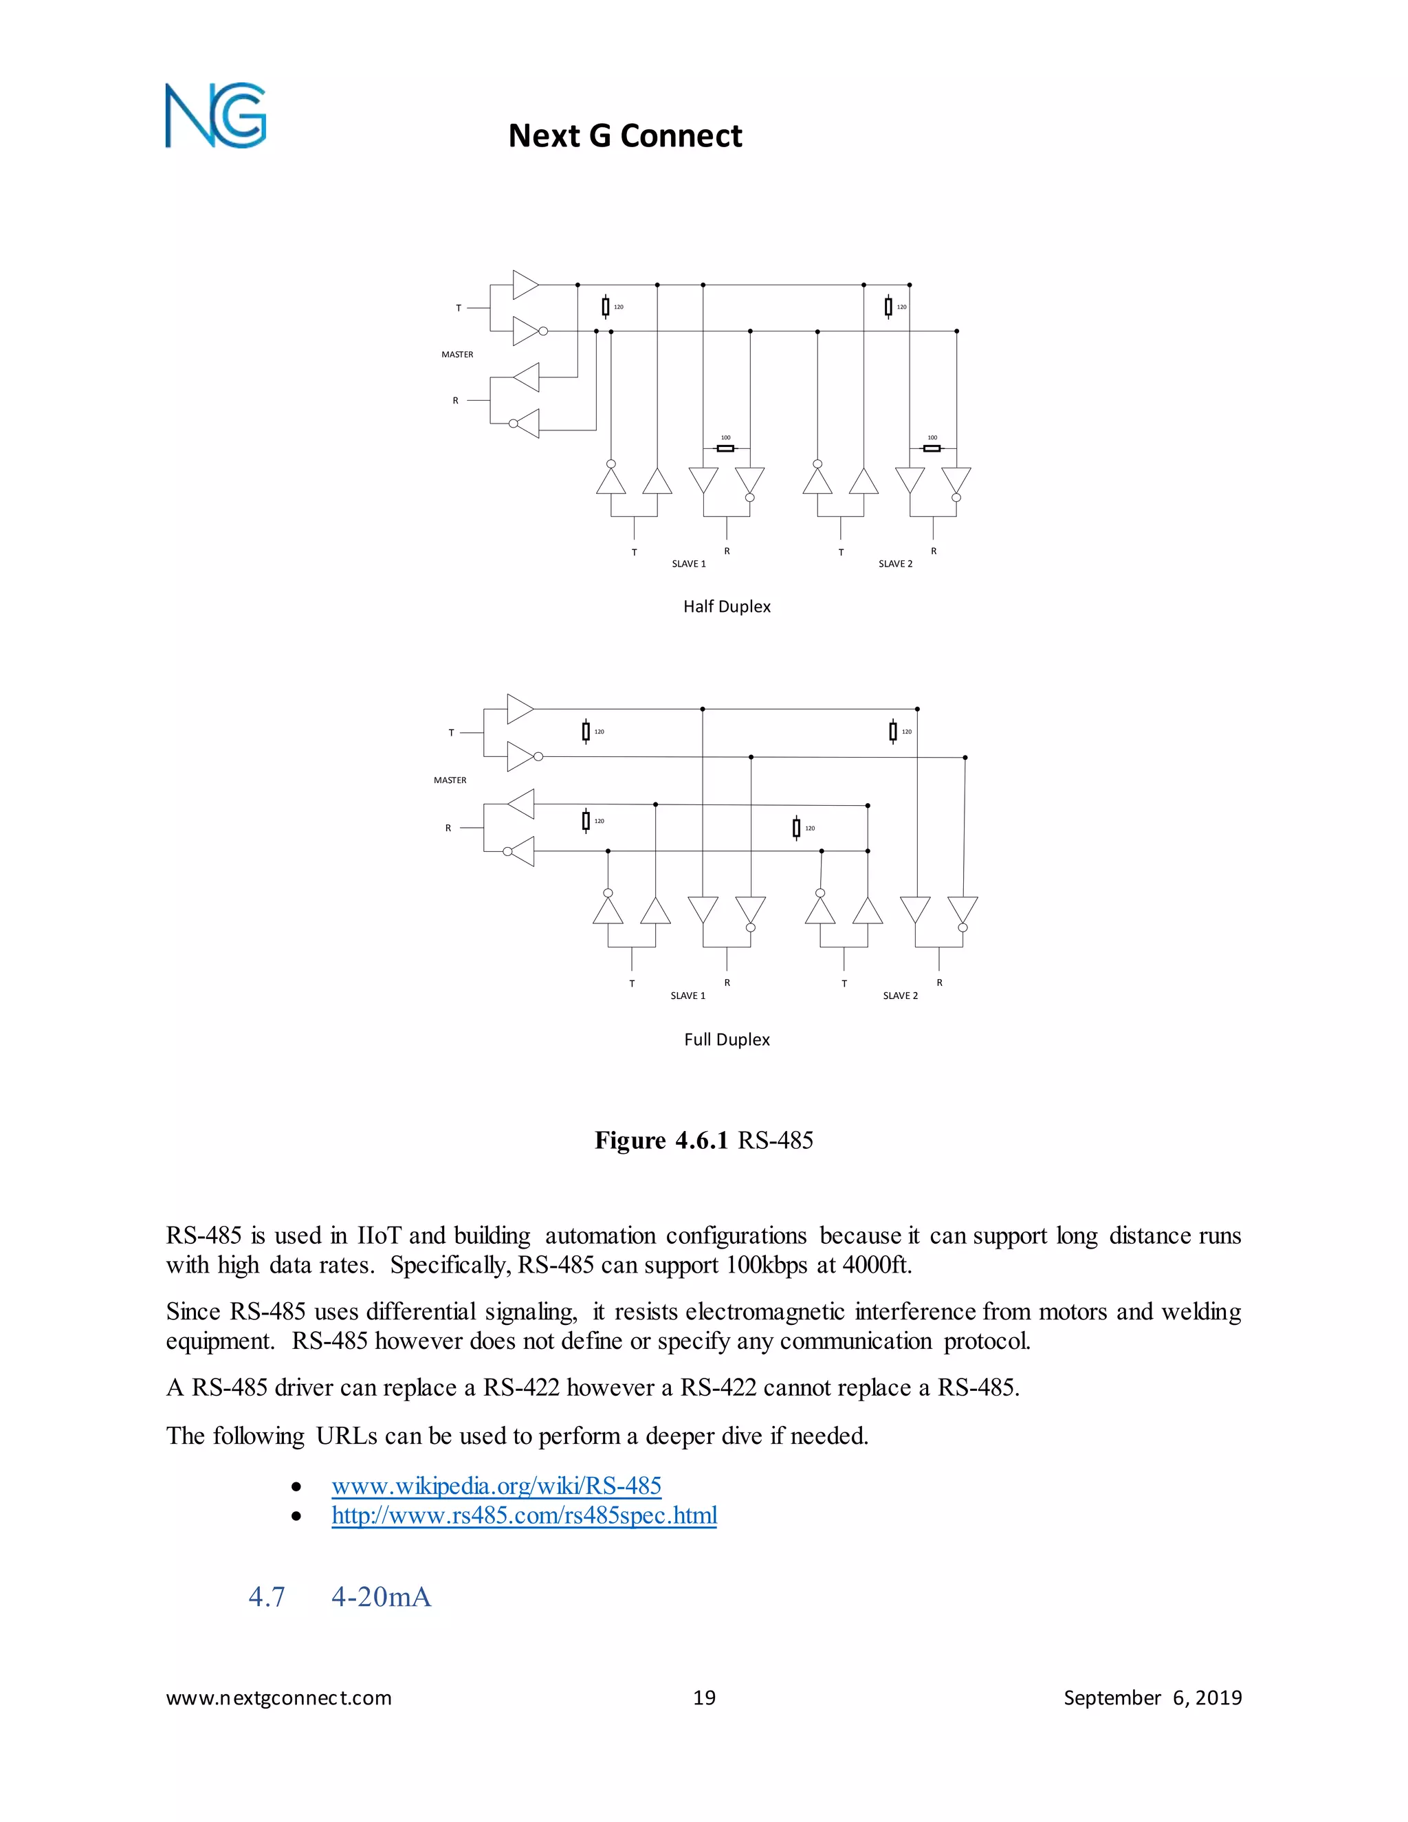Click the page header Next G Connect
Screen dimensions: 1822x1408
(625, 135)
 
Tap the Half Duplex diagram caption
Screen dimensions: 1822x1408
(727, 606)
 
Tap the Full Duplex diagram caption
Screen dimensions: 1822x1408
(727, 1040)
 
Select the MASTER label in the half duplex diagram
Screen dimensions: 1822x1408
(457, 355)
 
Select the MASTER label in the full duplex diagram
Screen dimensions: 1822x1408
(450, 780)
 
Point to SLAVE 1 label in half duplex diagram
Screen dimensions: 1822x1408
(689, 564)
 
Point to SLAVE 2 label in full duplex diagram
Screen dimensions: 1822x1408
(900, 996)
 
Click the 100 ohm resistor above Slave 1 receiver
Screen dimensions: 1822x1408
(726, 448)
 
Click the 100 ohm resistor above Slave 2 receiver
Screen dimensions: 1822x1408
(932, 448)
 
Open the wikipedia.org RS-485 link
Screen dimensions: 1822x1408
(496, 1486)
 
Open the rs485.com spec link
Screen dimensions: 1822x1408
(524, 1515)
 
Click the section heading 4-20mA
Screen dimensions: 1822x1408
(381, 1596)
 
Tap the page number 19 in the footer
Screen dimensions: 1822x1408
(704, 1698)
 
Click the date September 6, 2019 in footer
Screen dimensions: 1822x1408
(1152, 1698)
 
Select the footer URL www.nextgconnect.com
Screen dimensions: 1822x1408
(278, 1698)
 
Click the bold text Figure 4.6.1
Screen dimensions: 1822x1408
(661, 1141)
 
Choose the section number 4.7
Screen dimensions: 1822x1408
(267, 1596)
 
